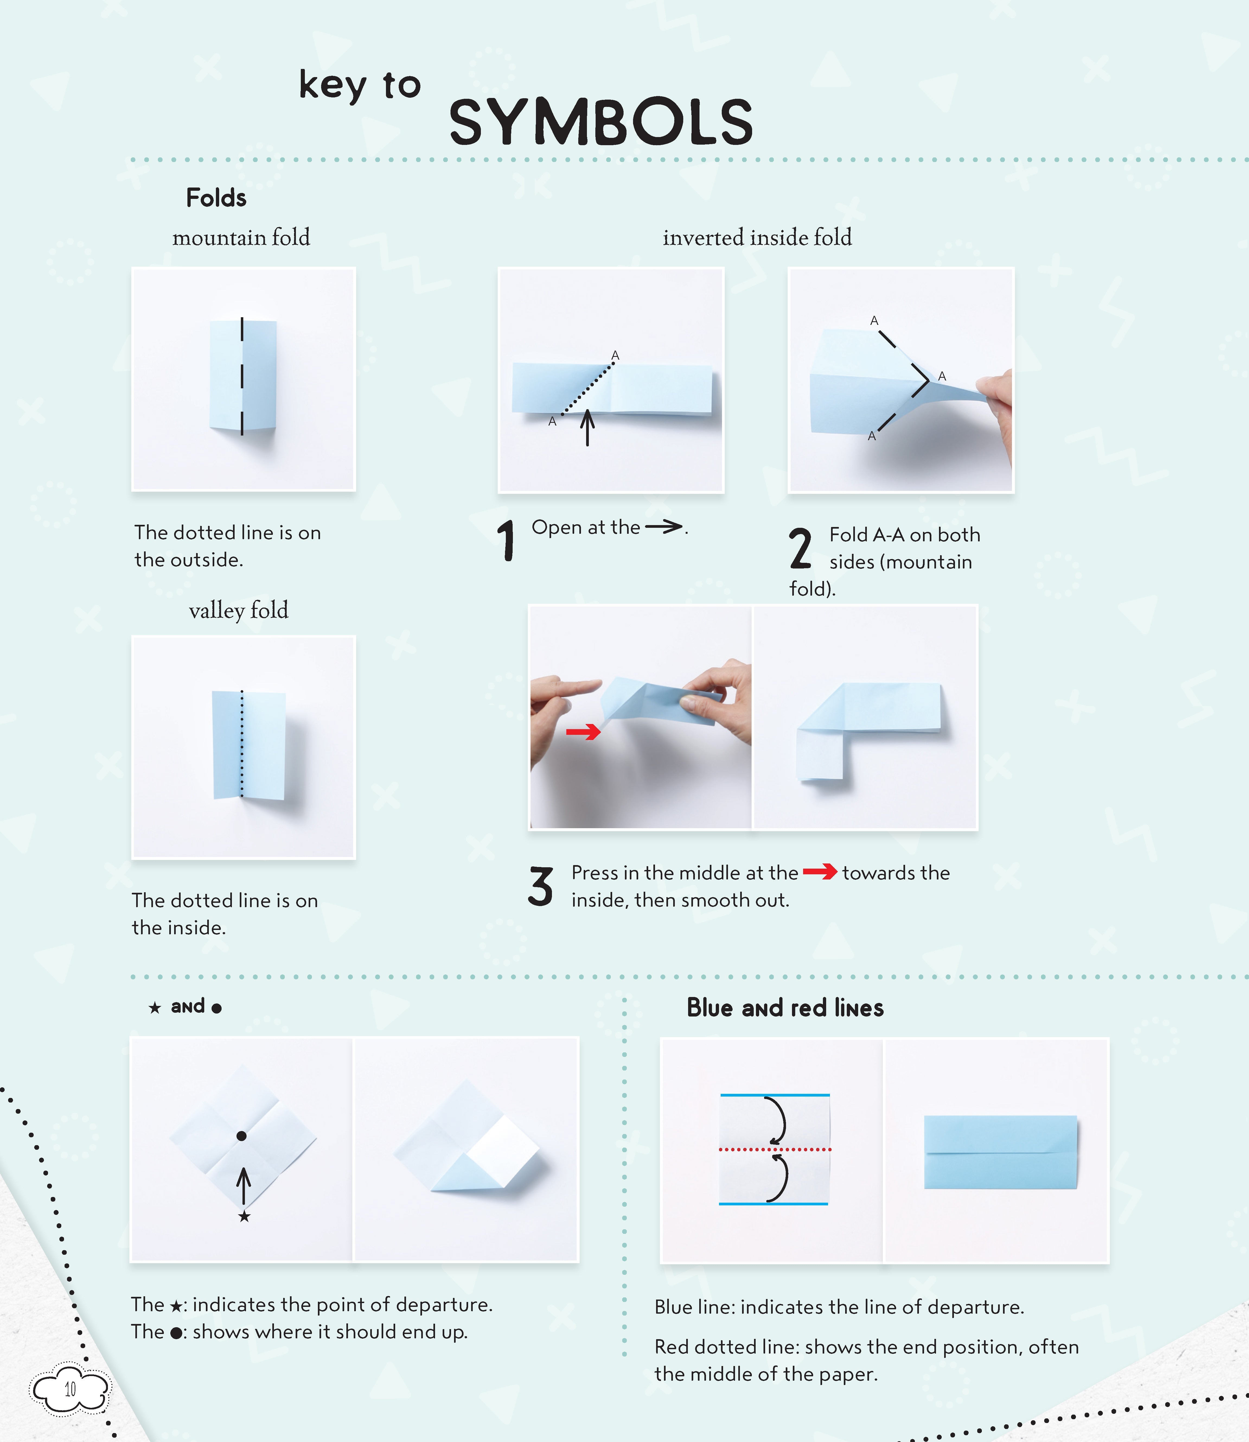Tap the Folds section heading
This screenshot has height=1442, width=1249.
coord(216,198)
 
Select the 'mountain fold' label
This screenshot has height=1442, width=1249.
coord(241,238)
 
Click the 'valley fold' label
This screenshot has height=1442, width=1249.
coord(238,610)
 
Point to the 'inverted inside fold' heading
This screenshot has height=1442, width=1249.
coord(757,238)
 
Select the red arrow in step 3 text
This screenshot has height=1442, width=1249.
coord(820,872)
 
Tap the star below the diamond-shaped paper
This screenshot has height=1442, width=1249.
coord(244,1217)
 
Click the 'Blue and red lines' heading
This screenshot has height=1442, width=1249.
coord(785,1008)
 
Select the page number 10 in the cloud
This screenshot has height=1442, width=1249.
coord(70,1389)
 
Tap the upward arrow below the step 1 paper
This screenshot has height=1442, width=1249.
coord(587,427)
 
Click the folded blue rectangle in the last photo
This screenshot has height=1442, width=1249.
coord(1000,1152)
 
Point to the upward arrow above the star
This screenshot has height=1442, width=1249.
coord(243,1185)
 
